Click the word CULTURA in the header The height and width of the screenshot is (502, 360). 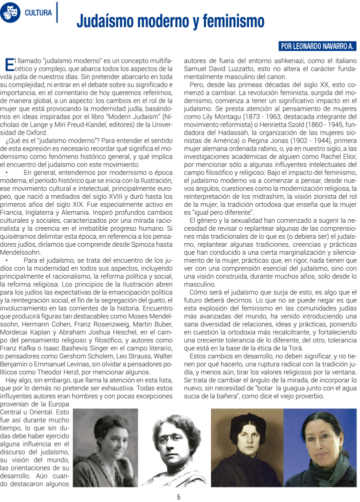38,13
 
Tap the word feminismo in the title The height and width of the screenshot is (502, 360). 230,22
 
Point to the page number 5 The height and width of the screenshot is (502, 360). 178,497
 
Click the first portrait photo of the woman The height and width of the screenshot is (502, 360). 105,447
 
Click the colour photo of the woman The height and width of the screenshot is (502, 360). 319,447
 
